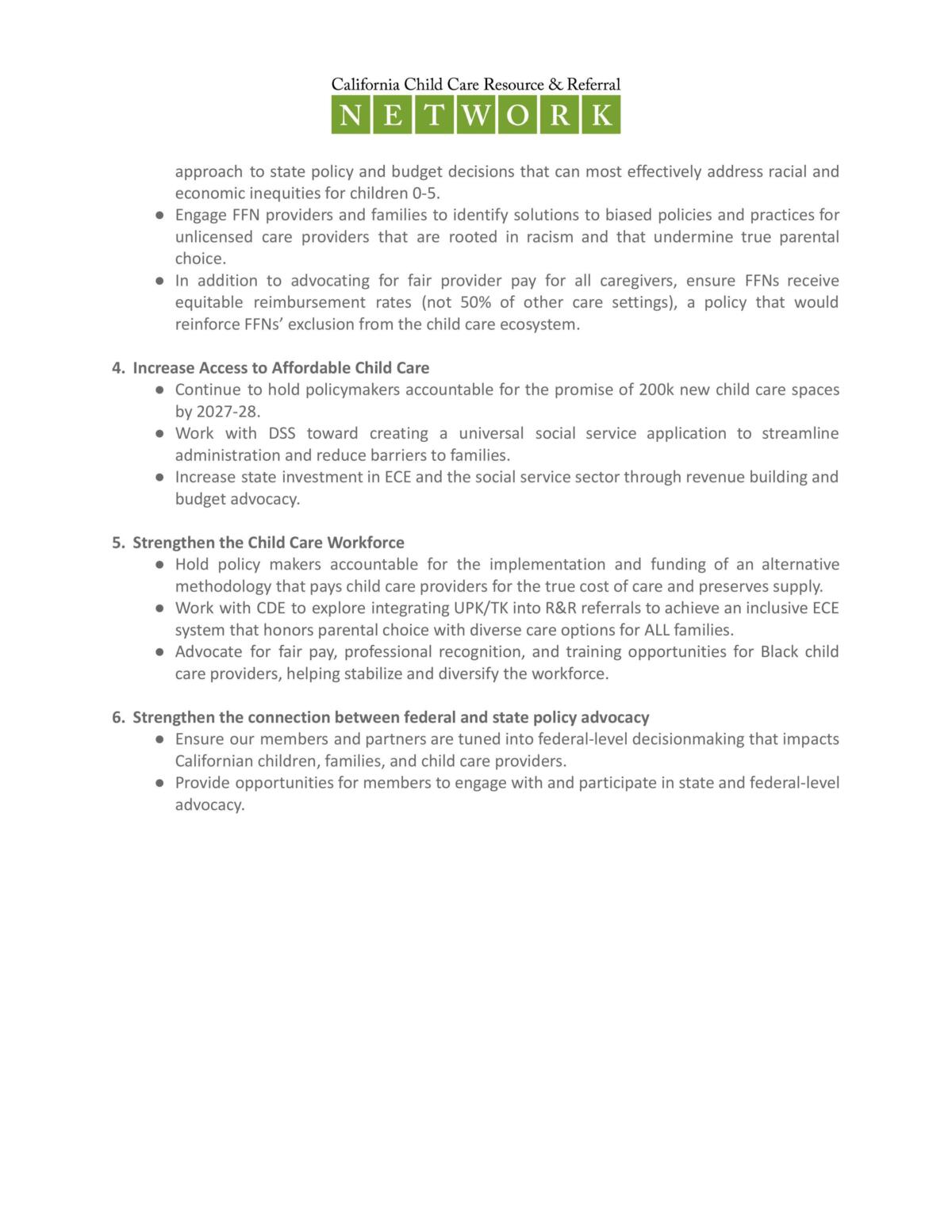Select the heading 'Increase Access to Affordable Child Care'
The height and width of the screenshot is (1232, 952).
[x=281, y=368]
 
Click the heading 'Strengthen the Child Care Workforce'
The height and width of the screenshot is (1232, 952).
[x=268, y=543]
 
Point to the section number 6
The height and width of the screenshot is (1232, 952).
[x=117, y=717]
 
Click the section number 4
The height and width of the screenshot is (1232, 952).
[x=117, y=368]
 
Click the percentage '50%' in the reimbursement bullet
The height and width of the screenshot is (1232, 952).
[x=476, y=302]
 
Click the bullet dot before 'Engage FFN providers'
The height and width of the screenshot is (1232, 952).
[x=159, y=215]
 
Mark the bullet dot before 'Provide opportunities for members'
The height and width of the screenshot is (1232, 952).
[x=159, y=783]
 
